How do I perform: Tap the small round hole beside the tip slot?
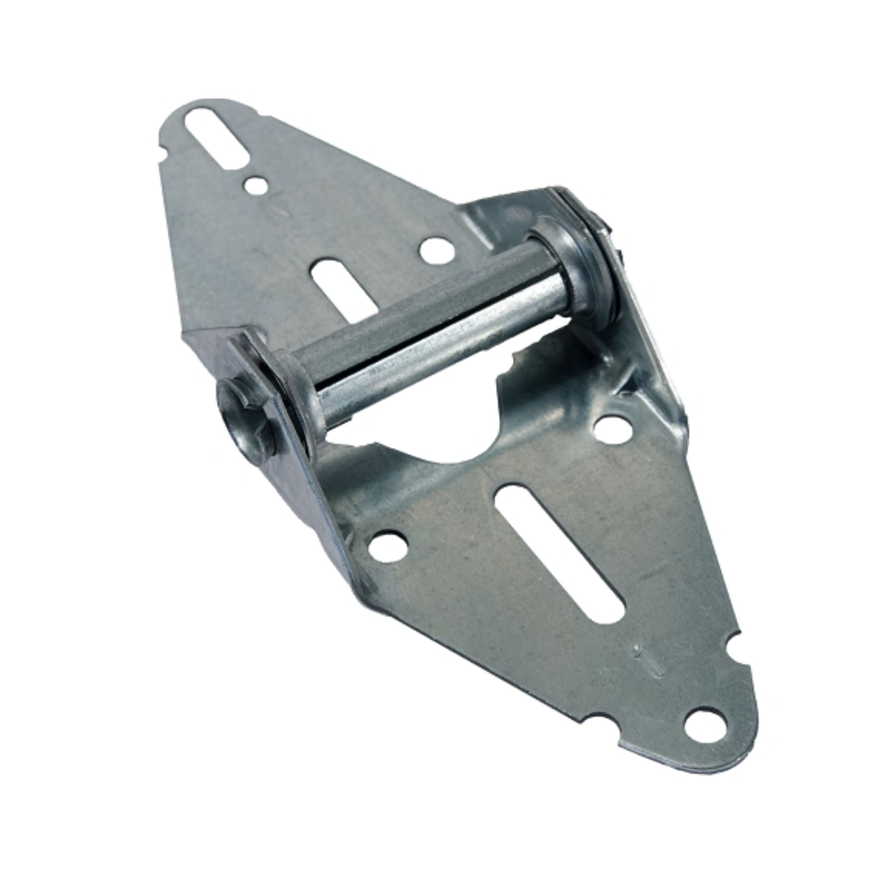[x=256, y=186]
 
